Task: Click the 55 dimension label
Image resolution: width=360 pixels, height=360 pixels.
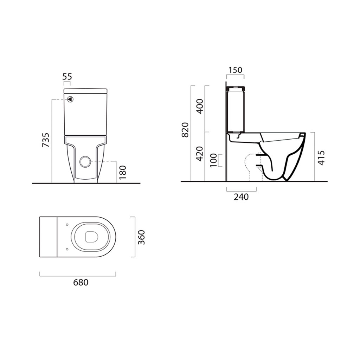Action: click(x=67, y=76)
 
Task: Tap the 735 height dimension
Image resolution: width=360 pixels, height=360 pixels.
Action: click(x=46, y=140)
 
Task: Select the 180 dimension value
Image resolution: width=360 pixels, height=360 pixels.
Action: click(x=123, y=172)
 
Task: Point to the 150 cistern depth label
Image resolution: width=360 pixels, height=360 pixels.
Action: click(x=235, y=70)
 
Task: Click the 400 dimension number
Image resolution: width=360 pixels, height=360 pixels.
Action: click(x=200, y=106)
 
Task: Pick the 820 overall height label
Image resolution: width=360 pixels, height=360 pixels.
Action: click(x=185, y=130)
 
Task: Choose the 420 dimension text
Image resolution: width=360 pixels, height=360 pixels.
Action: click(x=200, y=154)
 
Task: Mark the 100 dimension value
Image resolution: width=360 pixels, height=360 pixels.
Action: click(x=213, y=160)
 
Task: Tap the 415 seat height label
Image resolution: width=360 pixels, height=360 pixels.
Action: click(x=321, y=158)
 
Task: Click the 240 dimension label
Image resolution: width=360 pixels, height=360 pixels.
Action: click(x=241, y=197)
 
